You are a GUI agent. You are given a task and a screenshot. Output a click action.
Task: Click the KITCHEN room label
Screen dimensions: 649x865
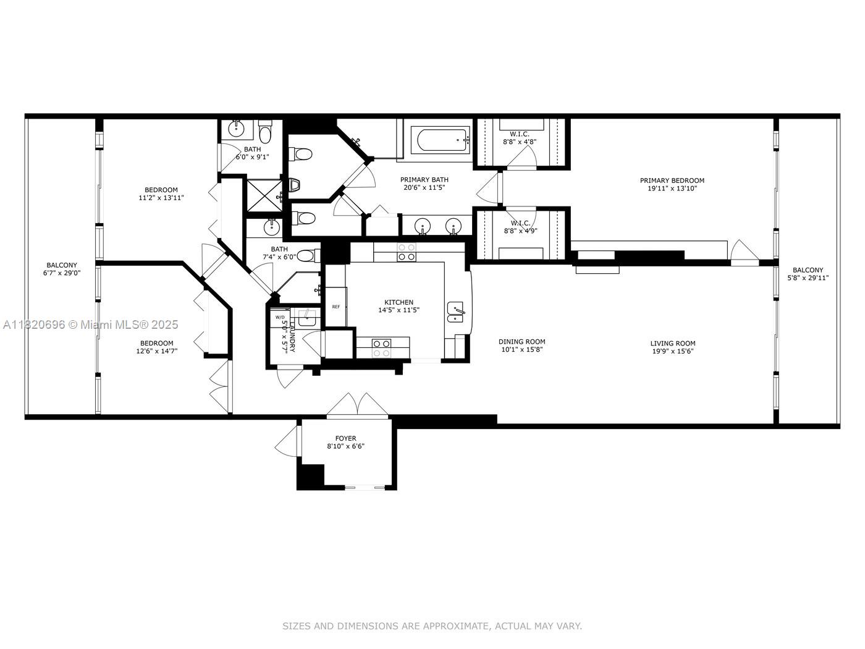coord(399,302)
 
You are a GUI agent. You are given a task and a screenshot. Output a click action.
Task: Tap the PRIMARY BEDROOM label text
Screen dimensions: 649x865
coord(672,180)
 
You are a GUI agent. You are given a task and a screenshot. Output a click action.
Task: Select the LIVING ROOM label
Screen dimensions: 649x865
coord(672,343)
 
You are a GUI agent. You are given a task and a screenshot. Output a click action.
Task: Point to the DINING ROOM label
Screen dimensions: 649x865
coord(521,341)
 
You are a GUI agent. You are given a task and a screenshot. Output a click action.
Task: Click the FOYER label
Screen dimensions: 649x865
coord(345,438)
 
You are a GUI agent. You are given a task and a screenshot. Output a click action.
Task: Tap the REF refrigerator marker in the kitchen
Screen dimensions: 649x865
coord(336,307)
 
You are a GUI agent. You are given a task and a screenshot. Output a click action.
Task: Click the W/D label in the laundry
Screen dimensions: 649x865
coord(280,316)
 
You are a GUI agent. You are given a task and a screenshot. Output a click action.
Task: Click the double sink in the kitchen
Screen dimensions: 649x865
coord(456,312)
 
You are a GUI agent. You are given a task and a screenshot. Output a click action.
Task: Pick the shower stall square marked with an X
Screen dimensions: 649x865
coord(263,195)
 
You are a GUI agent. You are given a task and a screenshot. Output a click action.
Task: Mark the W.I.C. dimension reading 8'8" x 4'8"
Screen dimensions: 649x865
coord(520,142)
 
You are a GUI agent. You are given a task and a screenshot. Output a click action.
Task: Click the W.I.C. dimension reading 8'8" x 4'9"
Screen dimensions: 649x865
coord(520,231)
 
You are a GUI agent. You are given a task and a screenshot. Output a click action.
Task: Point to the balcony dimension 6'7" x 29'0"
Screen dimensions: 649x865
coord(62,273)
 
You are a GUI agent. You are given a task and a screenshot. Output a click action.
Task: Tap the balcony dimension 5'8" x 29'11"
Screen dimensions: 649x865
coord(808,278)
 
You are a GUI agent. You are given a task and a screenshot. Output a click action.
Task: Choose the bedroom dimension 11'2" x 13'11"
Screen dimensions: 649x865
coord(161,198)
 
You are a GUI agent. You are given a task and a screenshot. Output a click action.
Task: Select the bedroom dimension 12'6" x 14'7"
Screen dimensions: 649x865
coord(156,351)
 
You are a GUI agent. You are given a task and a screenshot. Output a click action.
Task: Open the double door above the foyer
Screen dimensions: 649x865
coord(358,406)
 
